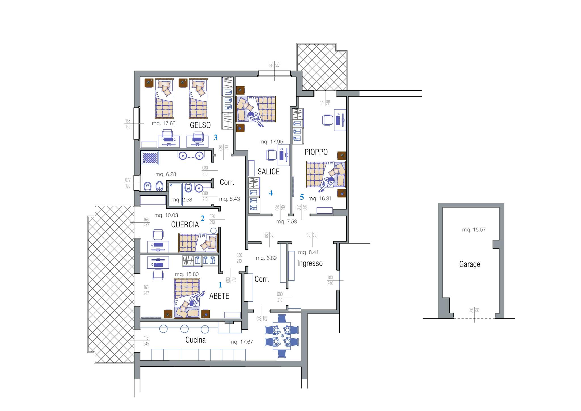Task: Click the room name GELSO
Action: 200,125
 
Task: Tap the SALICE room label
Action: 268,172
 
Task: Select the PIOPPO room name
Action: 316,152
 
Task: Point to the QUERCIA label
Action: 185,225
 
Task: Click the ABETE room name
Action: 219,296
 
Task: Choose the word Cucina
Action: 195,340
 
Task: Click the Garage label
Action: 470,264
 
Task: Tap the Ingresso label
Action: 310,263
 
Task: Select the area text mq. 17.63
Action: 164,123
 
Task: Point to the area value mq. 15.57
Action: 474,230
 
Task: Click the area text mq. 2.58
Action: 182,200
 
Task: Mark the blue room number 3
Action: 216,137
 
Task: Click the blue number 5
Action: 302,197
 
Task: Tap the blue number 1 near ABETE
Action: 220,285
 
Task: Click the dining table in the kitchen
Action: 282,336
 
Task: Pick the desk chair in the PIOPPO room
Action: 328,120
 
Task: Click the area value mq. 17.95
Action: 271,142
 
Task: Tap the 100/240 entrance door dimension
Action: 330,280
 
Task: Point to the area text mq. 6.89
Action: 266,258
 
